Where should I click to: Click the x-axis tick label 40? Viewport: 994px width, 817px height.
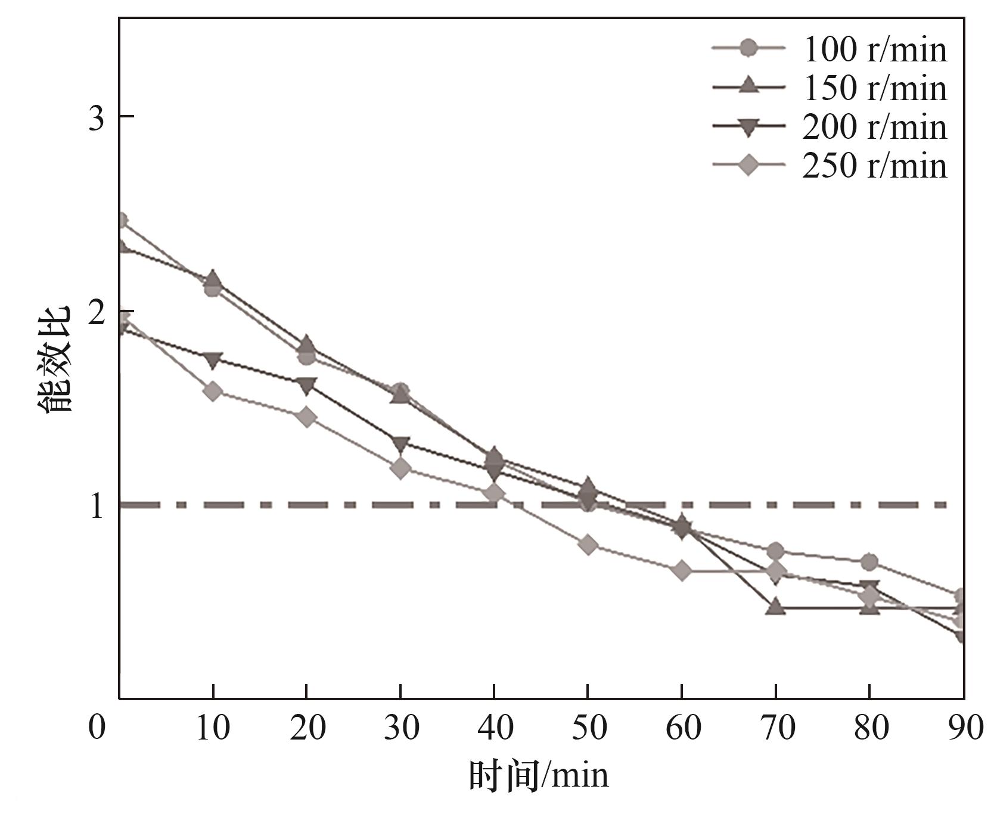[x=494, y=728]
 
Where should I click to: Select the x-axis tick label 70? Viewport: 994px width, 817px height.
[x=776, y=728]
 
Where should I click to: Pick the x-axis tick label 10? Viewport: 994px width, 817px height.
[x=213, y=728]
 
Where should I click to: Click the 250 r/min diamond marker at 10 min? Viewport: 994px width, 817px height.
[x=213, y=392]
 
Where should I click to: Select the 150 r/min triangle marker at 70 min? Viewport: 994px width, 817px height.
[x=775, y=607]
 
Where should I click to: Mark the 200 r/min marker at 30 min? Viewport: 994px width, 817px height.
[x=400, y=444]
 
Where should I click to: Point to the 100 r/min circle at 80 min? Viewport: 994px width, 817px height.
[x=869, y=562]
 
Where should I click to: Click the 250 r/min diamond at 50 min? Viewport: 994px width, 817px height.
[x=588, y=545]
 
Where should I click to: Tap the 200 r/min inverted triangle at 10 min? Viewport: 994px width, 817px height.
[x=213, y=359]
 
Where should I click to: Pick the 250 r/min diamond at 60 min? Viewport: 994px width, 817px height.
[x=682, y=571]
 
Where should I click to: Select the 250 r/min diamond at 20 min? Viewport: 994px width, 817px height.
[x=306, y=417]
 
